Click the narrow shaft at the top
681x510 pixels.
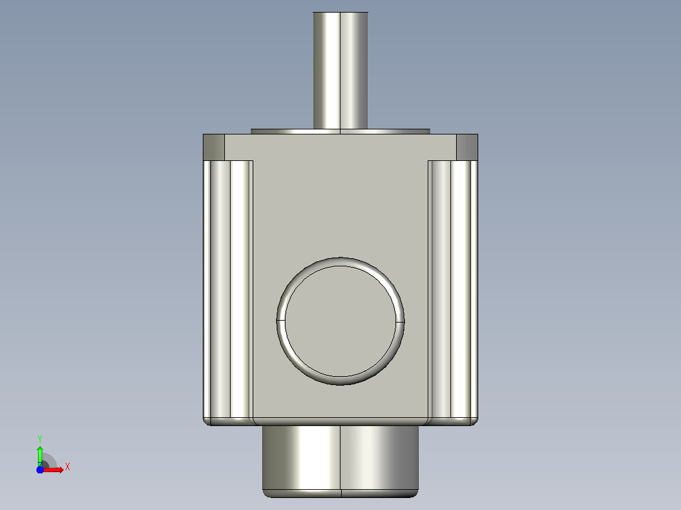pos(340,70)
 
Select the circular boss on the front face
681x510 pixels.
pos(340,321)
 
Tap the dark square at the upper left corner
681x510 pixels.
pos(214,147)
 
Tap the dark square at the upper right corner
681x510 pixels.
pos(467,147)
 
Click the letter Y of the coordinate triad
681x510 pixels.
pos(40,439)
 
